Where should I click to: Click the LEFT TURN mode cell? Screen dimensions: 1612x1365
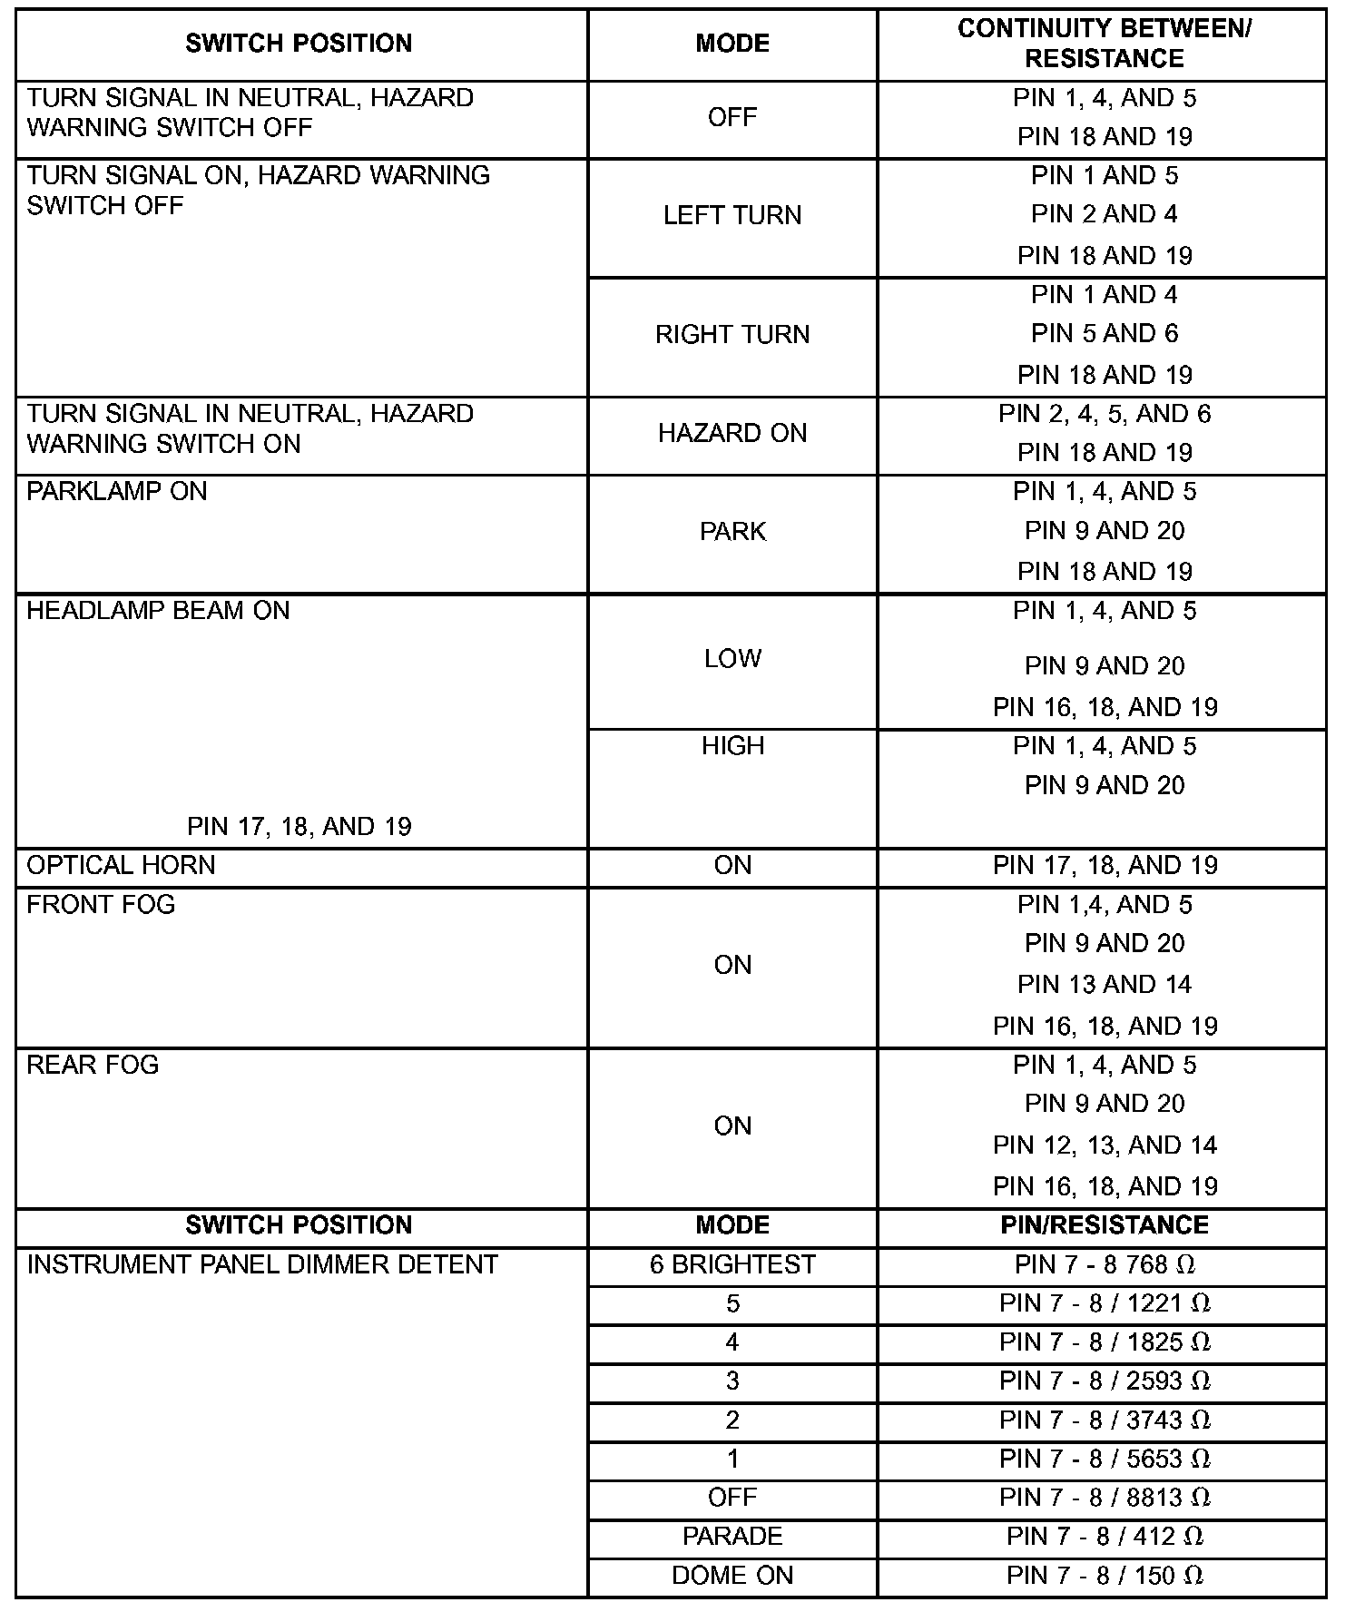[x=732, y=216]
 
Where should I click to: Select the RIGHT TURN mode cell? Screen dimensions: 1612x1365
[x=732, y=335]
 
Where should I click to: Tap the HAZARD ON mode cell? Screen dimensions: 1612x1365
[x=732, y=434]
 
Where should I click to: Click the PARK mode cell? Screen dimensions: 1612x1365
[x=732, y=532]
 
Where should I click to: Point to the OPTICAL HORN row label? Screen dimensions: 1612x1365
[x=122, y=866]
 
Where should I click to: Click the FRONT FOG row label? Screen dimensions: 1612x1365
[x=101, y=905]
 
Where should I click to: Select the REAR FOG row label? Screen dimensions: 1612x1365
[x=93, y=1065]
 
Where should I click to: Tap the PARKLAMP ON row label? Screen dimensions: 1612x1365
[x=117, y=492]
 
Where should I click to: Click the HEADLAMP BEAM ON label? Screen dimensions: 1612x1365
[x=158, y=611]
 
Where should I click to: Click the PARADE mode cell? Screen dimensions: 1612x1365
[x=732, y=1537]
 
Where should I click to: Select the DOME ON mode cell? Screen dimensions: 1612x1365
[x=732, y=1576]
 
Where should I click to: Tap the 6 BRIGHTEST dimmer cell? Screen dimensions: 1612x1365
[x=732, y=1265]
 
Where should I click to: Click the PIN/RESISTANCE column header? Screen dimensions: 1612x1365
[x=1105, y=1226]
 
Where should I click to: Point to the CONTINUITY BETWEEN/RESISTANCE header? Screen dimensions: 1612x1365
[x=1105, y=44]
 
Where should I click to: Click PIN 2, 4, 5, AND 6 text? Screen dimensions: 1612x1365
[x=1105, y=415]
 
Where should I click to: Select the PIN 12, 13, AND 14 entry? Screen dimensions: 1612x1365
[x=1105, y=1145]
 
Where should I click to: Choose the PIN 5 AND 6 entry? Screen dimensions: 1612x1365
[x=1105, y=334]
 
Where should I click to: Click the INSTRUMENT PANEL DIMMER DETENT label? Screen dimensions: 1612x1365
[x=262, y=1265]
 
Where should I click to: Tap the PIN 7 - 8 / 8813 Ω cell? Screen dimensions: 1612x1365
[x=1105, y=1498]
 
